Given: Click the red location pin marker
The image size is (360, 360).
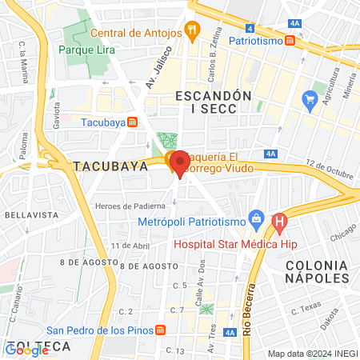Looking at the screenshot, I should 180,162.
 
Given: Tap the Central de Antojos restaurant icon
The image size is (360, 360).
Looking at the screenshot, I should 191,32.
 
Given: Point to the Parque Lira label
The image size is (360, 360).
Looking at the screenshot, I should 87,50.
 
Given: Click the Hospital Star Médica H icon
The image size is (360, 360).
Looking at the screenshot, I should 279,221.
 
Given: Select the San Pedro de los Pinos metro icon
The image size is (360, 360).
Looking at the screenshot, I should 161,330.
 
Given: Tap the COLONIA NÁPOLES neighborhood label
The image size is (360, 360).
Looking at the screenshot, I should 318,271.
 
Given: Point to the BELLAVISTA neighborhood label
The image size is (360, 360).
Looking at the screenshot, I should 28,215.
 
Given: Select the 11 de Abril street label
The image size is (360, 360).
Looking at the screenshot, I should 130,246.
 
